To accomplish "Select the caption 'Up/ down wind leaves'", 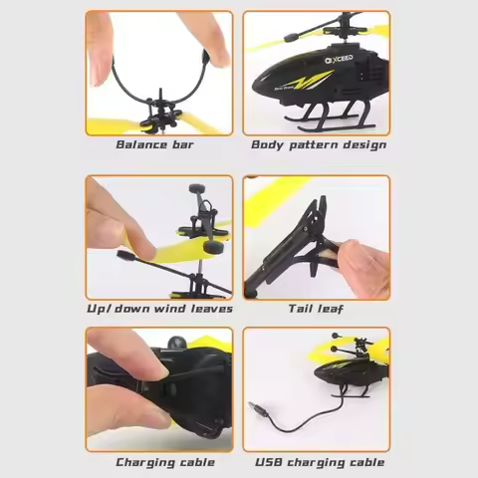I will [x=159, y=309].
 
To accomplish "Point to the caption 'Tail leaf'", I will [x=316, y=309].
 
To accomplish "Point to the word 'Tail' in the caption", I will [x=303, y=309].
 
